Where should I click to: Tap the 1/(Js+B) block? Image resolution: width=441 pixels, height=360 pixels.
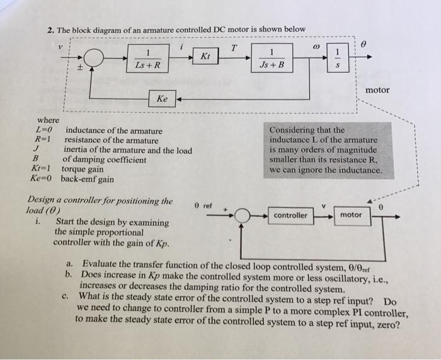(x=272, y=58)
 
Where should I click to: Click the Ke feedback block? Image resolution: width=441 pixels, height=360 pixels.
(x=162, y=98)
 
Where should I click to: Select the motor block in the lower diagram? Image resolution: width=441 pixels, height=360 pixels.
(x=351, y=216)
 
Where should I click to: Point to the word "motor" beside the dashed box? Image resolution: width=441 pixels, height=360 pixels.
(x=377, y=90)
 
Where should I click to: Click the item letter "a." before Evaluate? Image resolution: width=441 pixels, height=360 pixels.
(x=71, y=264)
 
